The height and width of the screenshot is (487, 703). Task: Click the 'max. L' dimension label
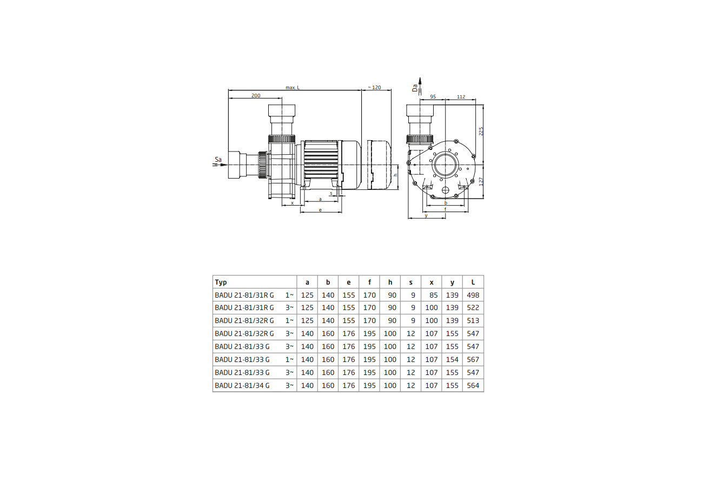tap(293, 88)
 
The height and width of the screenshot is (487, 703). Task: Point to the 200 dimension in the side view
tap(256, 95)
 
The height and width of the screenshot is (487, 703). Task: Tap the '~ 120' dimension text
tap(374, 87)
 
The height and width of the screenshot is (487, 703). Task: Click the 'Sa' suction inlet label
tap(218, 159)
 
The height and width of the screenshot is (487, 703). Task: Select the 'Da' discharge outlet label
tap(415, 88)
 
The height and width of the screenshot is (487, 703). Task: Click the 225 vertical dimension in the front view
tap(481, 131)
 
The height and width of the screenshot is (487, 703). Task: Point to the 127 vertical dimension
tap(481, 181)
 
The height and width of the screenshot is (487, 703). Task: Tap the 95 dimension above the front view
tap(433, 97)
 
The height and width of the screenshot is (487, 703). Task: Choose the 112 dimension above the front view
tap(461, 97)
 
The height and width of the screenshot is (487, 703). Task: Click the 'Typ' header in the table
tap(221, 282)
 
